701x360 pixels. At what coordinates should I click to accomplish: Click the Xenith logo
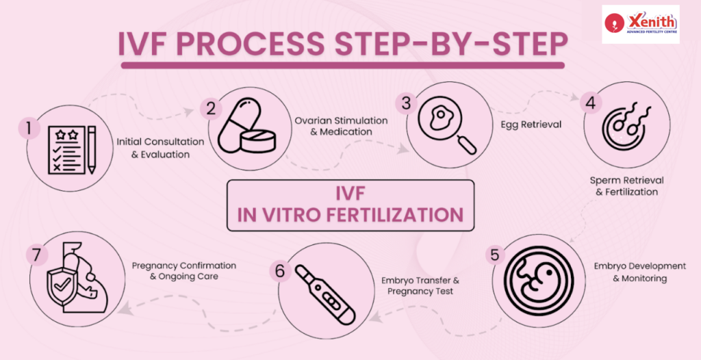click(641, 24)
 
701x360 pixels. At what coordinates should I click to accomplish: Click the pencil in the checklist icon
click(92, 150)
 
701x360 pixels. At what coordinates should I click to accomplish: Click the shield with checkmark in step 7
click(60, 285)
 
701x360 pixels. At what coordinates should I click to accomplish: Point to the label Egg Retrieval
click(531, 125)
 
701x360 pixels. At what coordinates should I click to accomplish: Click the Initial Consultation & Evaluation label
click(160, 148)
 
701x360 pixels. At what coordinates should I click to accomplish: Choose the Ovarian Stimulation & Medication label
click(341, 126)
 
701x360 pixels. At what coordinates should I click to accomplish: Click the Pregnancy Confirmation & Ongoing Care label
click(183, 270)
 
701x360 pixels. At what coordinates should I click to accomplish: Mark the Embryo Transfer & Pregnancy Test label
click(420, 286)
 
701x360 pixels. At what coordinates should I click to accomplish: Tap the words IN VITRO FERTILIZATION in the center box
click(350, 215)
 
